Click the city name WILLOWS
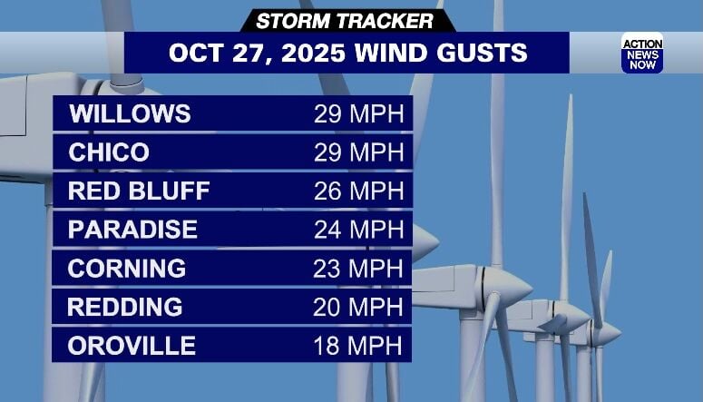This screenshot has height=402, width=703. tap(130, 114)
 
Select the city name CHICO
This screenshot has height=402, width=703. tap(109, 152)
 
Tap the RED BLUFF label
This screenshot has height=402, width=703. tap(139, 191)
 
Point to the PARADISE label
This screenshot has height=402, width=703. tap(132, 230)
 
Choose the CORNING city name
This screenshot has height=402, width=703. tap(127, 269)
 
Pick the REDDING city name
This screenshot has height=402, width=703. tap(125, 307)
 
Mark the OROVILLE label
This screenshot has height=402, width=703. tap(132, 346)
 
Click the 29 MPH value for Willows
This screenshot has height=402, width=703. tap(358, 114)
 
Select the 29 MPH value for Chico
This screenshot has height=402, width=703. tap(358, 152)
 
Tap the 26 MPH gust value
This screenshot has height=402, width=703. tap(358, 191)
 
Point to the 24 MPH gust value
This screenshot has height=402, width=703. tap(358, 230)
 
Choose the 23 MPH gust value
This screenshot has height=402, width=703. tap(358, 269)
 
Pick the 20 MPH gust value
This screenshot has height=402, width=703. tap(358, 307)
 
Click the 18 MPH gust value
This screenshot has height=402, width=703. tap(358, 346)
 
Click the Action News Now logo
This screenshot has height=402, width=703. tap(641, 53)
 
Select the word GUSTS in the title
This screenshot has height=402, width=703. tap(482, 53)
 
